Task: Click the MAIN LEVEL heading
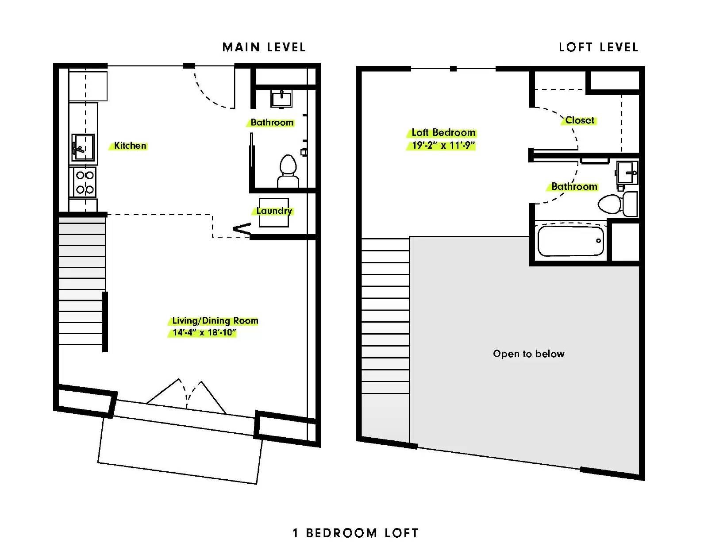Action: pyautogui.click(x=264, y=47)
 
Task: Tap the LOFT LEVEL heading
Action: pyautogui.click(x=599, y=47)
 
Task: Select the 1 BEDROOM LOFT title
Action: pyautogui.click(x=355, y=533)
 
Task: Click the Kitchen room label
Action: pyautogui.click(x=130, y=146)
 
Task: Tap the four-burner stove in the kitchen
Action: pyautogui.click(x=85, y=182)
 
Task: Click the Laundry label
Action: pyautogui.click(x=274, y=211)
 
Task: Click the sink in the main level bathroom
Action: pyautogui.click(x=281, y=99)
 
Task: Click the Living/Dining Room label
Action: pyautogui.click(x=215, y=320)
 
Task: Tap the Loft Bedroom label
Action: pyautogui.click(x=443, y=133)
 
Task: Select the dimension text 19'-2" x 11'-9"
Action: pyautogui.click(x=443, y=145)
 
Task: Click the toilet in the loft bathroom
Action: pyautogui.click(x=618, y=204)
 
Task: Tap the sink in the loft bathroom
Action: pyautogui.click(x=627, y=173)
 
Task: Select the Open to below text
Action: pyautogui.click(x=528, y=354)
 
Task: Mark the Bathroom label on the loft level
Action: pyautogui.click(x=574, y=186)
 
